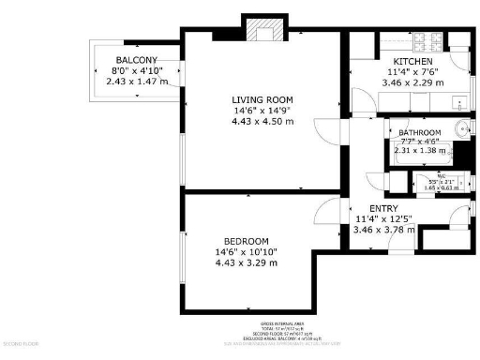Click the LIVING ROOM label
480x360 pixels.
(x=262, y=99)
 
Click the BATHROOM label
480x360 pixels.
(x=420, y=132)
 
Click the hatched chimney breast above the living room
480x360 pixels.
(x=262, y=32)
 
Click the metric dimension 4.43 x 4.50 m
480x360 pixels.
(x=262, y=120)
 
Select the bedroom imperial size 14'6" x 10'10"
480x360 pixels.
(x=247, y=251)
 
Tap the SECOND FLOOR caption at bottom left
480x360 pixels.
(x=19, y=344)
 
